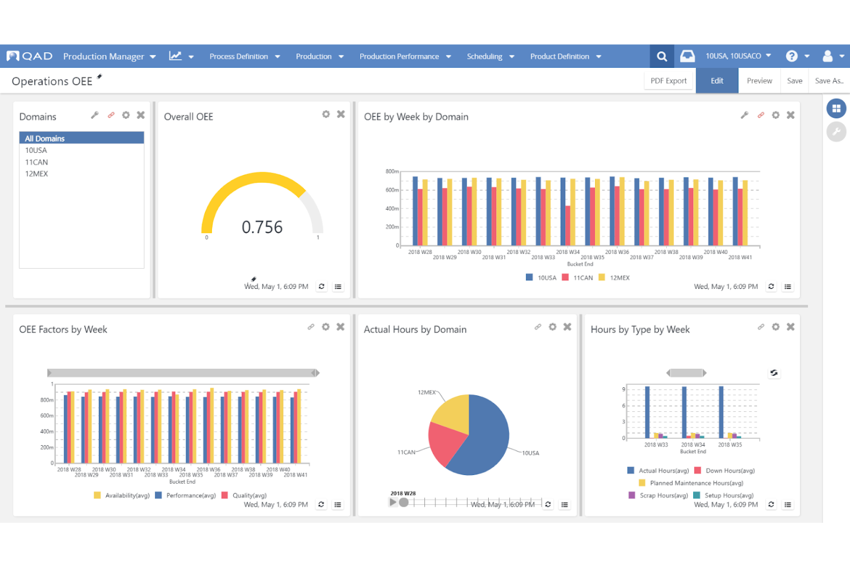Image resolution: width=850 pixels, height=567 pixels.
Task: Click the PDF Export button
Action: pyautogui.click(x=668, y=81)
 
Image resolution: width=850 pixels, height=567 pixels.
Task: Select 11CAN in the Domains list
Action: pyautogui.click(x=36, y=162)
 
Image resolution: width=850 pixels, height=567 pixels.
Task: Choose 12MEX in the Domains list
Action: pyautogui.click(x=36, y=173)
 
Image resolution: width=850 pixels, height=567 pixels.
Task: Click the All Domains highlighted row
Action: pyautogui.click(x=82, y=138)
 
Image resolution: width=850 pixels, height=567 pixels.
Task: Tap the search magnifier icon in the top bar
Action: pyautogui.click(x=662, y=56)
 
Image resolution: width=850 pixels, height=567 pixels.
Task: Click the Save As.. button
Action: pyautogui.click(x=829, y=81)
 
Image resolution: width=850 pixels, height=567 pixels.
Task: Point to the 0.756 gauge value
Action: pyautogui.click(x=262, y=227)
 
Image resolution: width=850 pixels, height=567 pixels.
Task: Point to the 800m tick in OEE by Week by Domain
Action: pyautogui.click(x=392, y=171)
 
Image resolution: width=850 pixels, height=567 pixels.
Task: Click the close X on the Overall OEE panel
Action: pyautogui.click(x=341, y=114)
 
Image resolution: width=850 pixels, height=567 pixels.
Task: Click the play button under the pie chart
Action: pyautogui.click(x=393, y=502)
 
